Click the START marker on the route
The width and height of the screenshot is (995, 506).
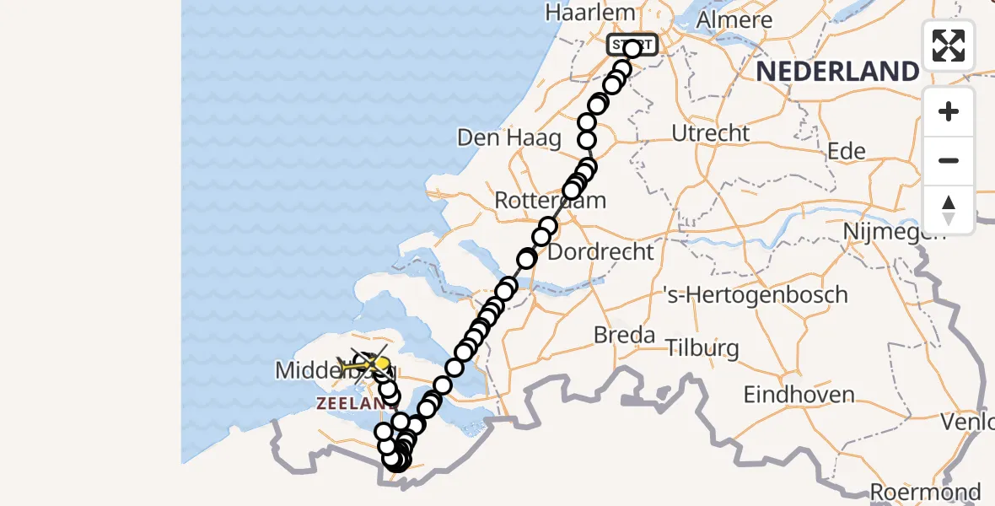(632, 45)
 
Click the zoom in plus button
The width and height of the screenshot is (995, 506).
(949, 112)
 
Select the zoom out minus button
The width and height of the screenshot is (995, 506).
(949, 160)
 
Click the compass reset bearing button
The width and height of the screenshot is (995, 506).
(949, 209)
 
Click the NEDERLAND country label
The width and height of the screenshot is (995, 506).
(836, 71)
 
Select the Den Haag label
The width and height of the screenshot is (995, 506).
(509, 137)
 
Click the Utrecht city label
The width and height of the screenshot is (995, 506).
(711, 133)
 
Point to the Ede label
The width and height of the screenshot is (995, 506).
(847, 151)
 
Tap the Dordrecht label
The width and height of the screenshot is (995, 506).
(600, 251)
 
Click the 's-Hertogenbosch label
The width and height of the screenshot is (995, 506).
(756, 295)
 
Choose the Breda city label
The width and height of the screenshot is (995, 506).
(624, 335)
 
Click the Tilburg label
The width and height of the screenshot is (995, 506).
(702, 347)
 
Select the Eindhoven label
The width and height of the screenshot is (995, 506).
(799, 394)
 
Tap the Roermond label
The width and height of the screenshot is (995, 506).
(925, 492)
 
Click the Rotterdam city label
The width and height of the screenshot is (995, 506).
(550, 201)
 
